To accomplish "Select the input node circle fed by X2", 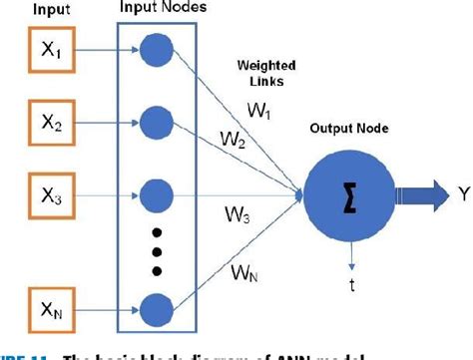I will click(x=155, y=124).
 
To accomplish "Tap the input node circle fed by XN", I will click(x=155, y=307).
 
